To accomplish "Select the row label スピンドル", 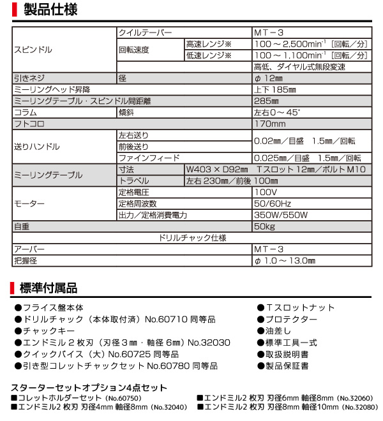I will (x=33, y=49).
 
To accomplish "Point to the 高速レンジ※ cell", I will (x=208, y=43).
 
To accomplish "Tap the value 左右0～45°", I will (x=276, y=112).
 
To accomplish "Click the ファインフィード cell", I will (x=149, y=158).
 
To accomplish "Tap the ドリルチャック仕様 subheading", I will (x=191, y=238).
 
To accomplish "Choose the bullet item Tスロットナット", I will (x=299, y=307).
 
